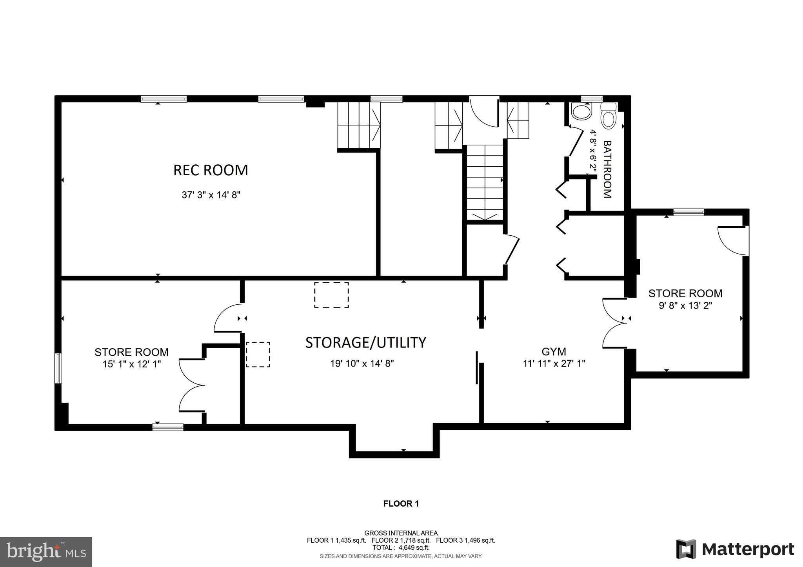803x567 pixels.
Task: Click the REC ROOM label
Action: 211,170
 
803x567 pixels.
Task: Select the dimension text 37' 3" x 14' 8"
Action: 211,195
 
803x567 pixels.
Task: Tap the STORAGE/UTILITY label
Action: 365,342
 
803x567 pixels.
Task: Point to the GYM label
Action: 554,351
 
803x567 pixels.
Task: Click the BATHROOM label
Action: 607,169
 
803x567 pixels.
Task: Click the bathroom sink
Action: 581,112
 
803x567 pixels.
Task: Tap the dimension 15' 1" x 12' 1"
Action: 132,364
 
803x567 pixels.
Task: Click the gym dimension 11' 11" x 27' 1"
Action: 554,363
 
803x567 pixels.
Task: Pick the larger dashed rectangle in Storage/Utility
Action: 331,295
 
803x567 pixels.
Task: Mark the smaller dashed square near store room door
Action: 258,354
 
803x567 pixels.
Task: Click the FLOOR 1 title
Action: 401,504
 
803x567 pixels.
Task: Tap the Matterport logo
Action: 735,549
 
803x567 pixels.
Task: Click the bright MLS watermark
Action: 46,552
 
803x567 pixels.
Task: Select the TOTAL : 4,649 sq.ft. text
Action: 401,548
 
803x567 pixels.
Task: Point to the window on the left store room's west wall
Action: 58,368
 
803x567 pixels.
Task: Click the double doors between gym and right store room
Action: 614,323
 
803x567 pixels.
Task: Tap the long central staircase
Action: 485,182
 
